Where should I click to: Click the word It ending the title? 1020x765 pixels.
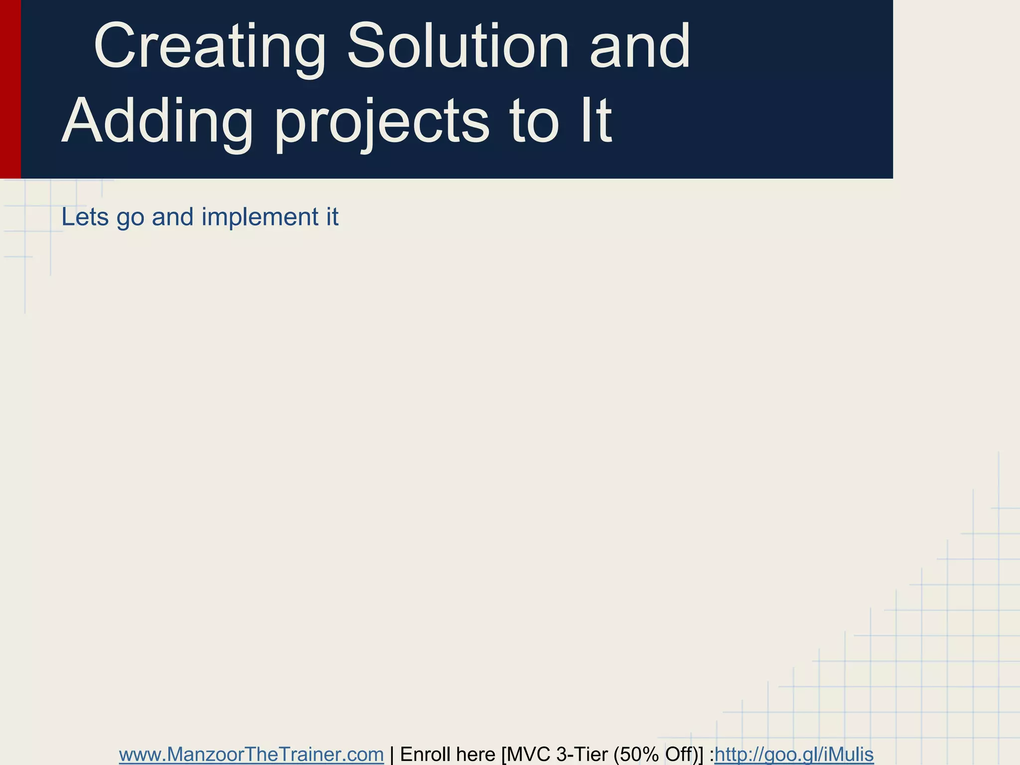tap(595, 121)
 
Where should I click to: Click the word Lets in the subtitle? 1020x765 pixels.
tap(85, 217)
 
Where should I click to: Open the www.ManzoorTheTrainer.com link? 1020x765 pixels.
tap(251, 755)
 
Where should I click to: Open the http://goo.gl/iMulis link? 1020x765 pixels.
tap(794, 755)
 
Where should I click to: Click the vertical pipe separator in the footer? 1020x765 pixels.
tap(392, 755)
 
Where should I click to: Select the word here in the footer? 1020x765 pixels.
tap(473, 755)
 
